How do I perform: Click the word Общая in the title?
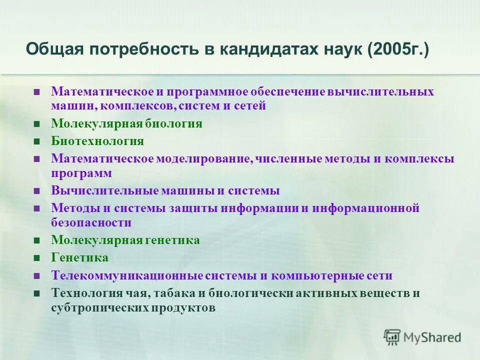click(54, 50)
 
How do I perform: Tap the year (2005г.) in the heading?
click(397, 50)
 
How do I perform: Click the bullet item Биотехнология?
click(97, 141)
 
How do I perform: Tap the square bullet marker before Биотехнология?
click(36, 141)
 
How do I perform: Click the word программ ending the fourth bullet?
click(81, 173)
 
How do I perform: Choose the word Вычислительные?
click(104, 190)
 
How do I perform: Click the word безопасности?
click(91, 222)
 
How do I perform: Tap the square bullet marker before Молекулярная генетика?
click(36, 241)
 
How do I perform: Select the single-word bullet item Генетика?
click(79, 257)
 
